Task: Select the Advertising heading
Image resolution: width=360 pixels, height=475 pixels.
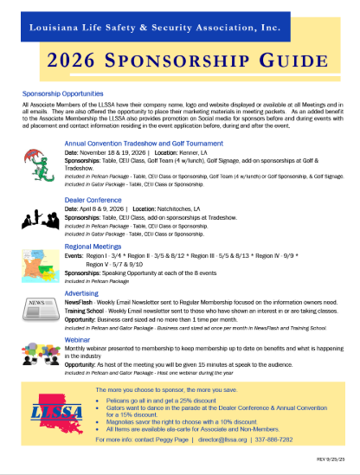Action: coord(83,292)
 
